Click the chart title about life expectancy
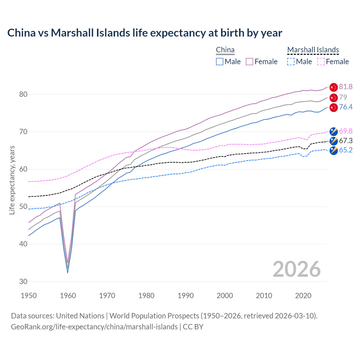tap(145, 33)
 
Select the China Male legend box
tap(220, 62)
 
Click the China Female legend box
tap(249, 62)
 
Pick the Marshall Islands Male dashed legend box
tap(291, 62)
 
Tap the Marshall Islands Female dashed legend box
tap(321, 62)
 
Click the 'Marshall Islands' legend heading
tap(313, 50)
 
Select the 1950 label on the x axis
tap(29, 296)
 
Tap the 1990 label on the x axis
tap(186, 296)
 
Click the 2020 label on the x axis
tap(303, 296)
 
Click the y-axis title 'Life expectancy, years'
tap(12, 180)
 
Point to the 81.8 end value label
tap(346, 87)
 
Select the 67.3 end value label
tap(346, 141)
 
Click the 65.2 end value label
tap(346, 150)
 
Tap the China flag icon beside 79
tap(334, 98)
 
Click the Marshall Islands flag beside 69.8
tap(334, 131)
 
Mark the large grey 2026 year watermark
tap(297, 269)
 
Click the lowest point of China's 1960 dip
tap(67, 272)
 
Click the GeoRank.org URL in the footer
tap(94, 327)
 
